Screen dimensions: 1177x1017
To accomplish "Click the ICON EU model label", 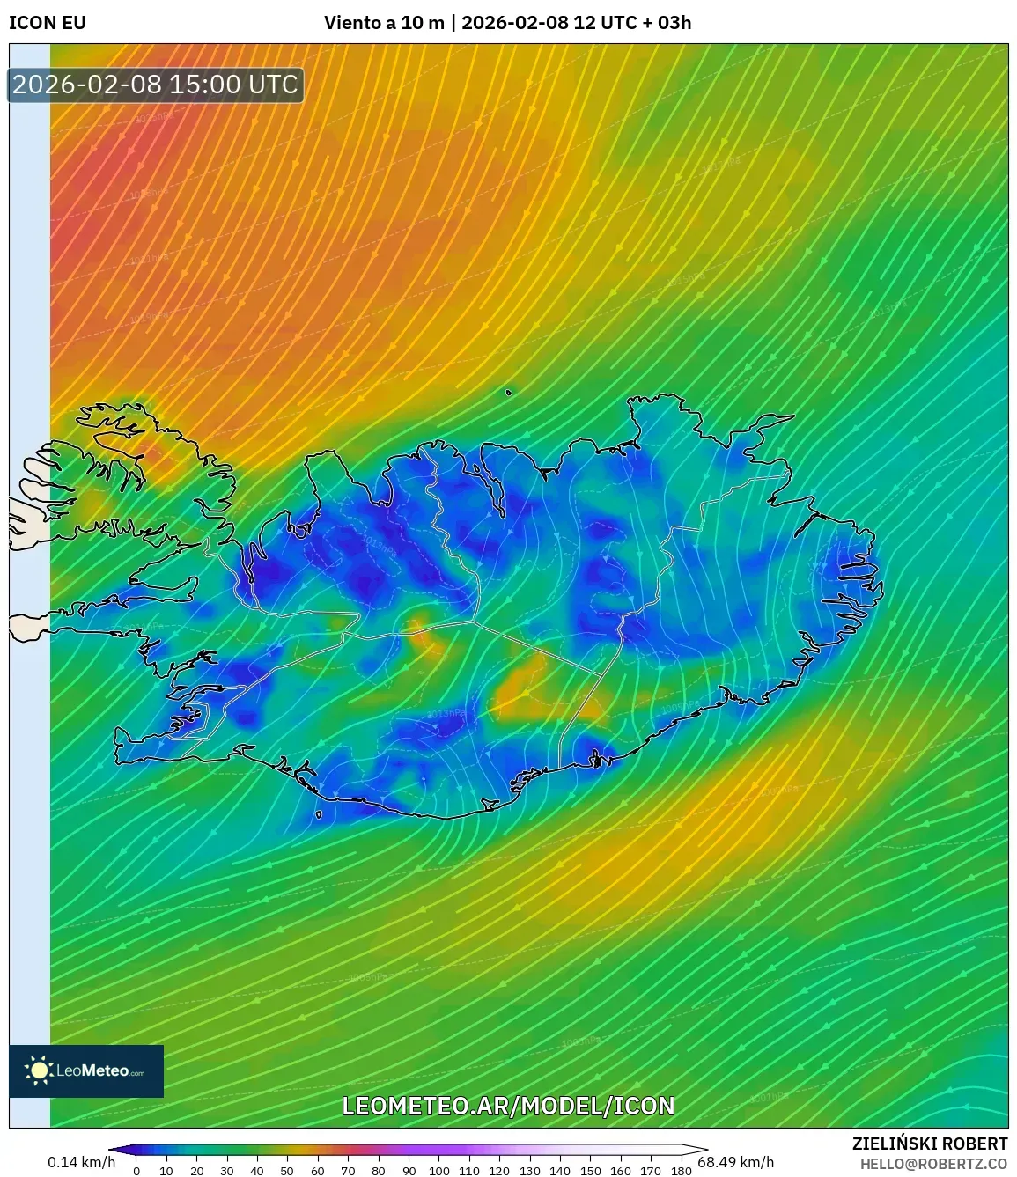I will [x=48, y=23].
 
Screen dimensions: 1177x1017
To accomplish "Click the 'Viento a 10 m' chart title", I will [x=384, y=23].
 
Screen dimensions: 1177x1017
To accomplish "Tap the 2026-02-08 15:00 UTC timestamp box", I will [x=156, y=85].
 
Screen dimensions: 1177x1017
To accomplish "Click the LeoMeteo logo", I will [x=86, y=1070].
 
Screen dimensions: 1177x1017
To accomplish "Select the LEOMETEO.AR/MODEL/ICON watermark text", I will [x=508, y=1106].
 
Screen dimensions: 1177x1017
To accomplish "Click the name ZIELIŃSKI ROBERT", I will [x=929, y=1144].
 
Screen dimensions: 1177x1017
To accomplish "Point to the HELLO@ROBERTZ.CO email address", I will [x=933, y=1164].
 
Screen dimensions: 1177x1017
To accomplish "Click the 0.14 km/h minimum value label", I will [x=81, y=1162].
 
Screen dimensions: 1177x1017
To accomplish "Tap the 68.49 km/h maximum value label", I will [x=735, y=1162].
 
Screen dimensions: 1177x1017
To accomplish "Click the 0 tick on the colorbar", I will [x=136, y=1171].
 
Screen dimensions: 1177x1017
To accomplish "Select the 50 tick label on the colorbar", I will [x=287, y=1171].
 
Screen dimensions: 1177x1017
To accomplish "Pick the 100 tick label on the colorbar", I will [x=438, y=1171].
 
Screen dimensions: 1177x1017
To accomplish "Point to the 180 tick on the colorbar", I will [x=681, y=1171].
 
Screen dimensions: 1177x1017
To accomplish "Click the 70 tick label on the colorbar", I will [x=348, y=1171].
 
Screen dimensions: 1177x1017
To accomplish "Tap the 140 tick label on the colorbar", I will [x=560, y=1171].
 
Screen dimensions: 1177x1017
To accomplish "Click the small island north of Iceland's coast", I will [x=509, y=393].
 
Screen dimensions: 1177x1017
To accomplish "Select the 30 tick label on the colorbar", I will [x=227, y=1171].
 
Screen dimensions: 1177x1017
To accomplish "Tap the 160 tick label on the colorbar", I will [x=620, y=1171].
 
